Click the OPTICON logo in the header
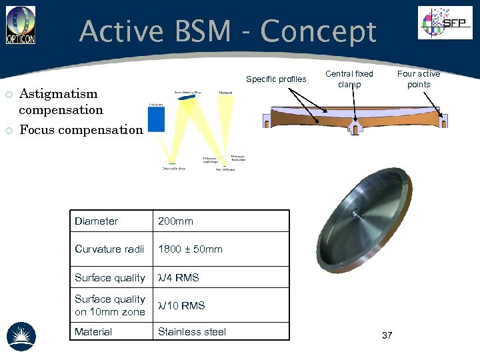(x=21, y=25)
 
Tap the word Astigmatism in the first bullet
(x=58, y=93)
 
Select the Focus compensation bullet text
(x=81, y=129)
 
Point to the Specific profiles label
(x=276, y=79)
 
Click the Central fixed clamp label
(x=349, y=79)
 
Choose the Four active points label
(x=419, y=79)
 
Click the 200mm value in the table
(x=175, y=221)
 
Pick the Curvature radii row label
(x=109, y=249)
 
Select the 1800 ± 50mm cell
(x=190, y=249)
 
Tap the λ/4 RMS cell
(x=178, y=277)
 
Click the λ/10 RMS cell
(x=181, y=305)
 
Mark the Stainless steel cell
(x=191, y=331)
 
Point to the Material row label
(x=93, y=331)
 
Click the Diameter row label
(x=96, y=221)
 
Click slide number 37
(x=387, y=335)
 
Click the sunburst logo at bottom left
(x=21, y=335)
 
